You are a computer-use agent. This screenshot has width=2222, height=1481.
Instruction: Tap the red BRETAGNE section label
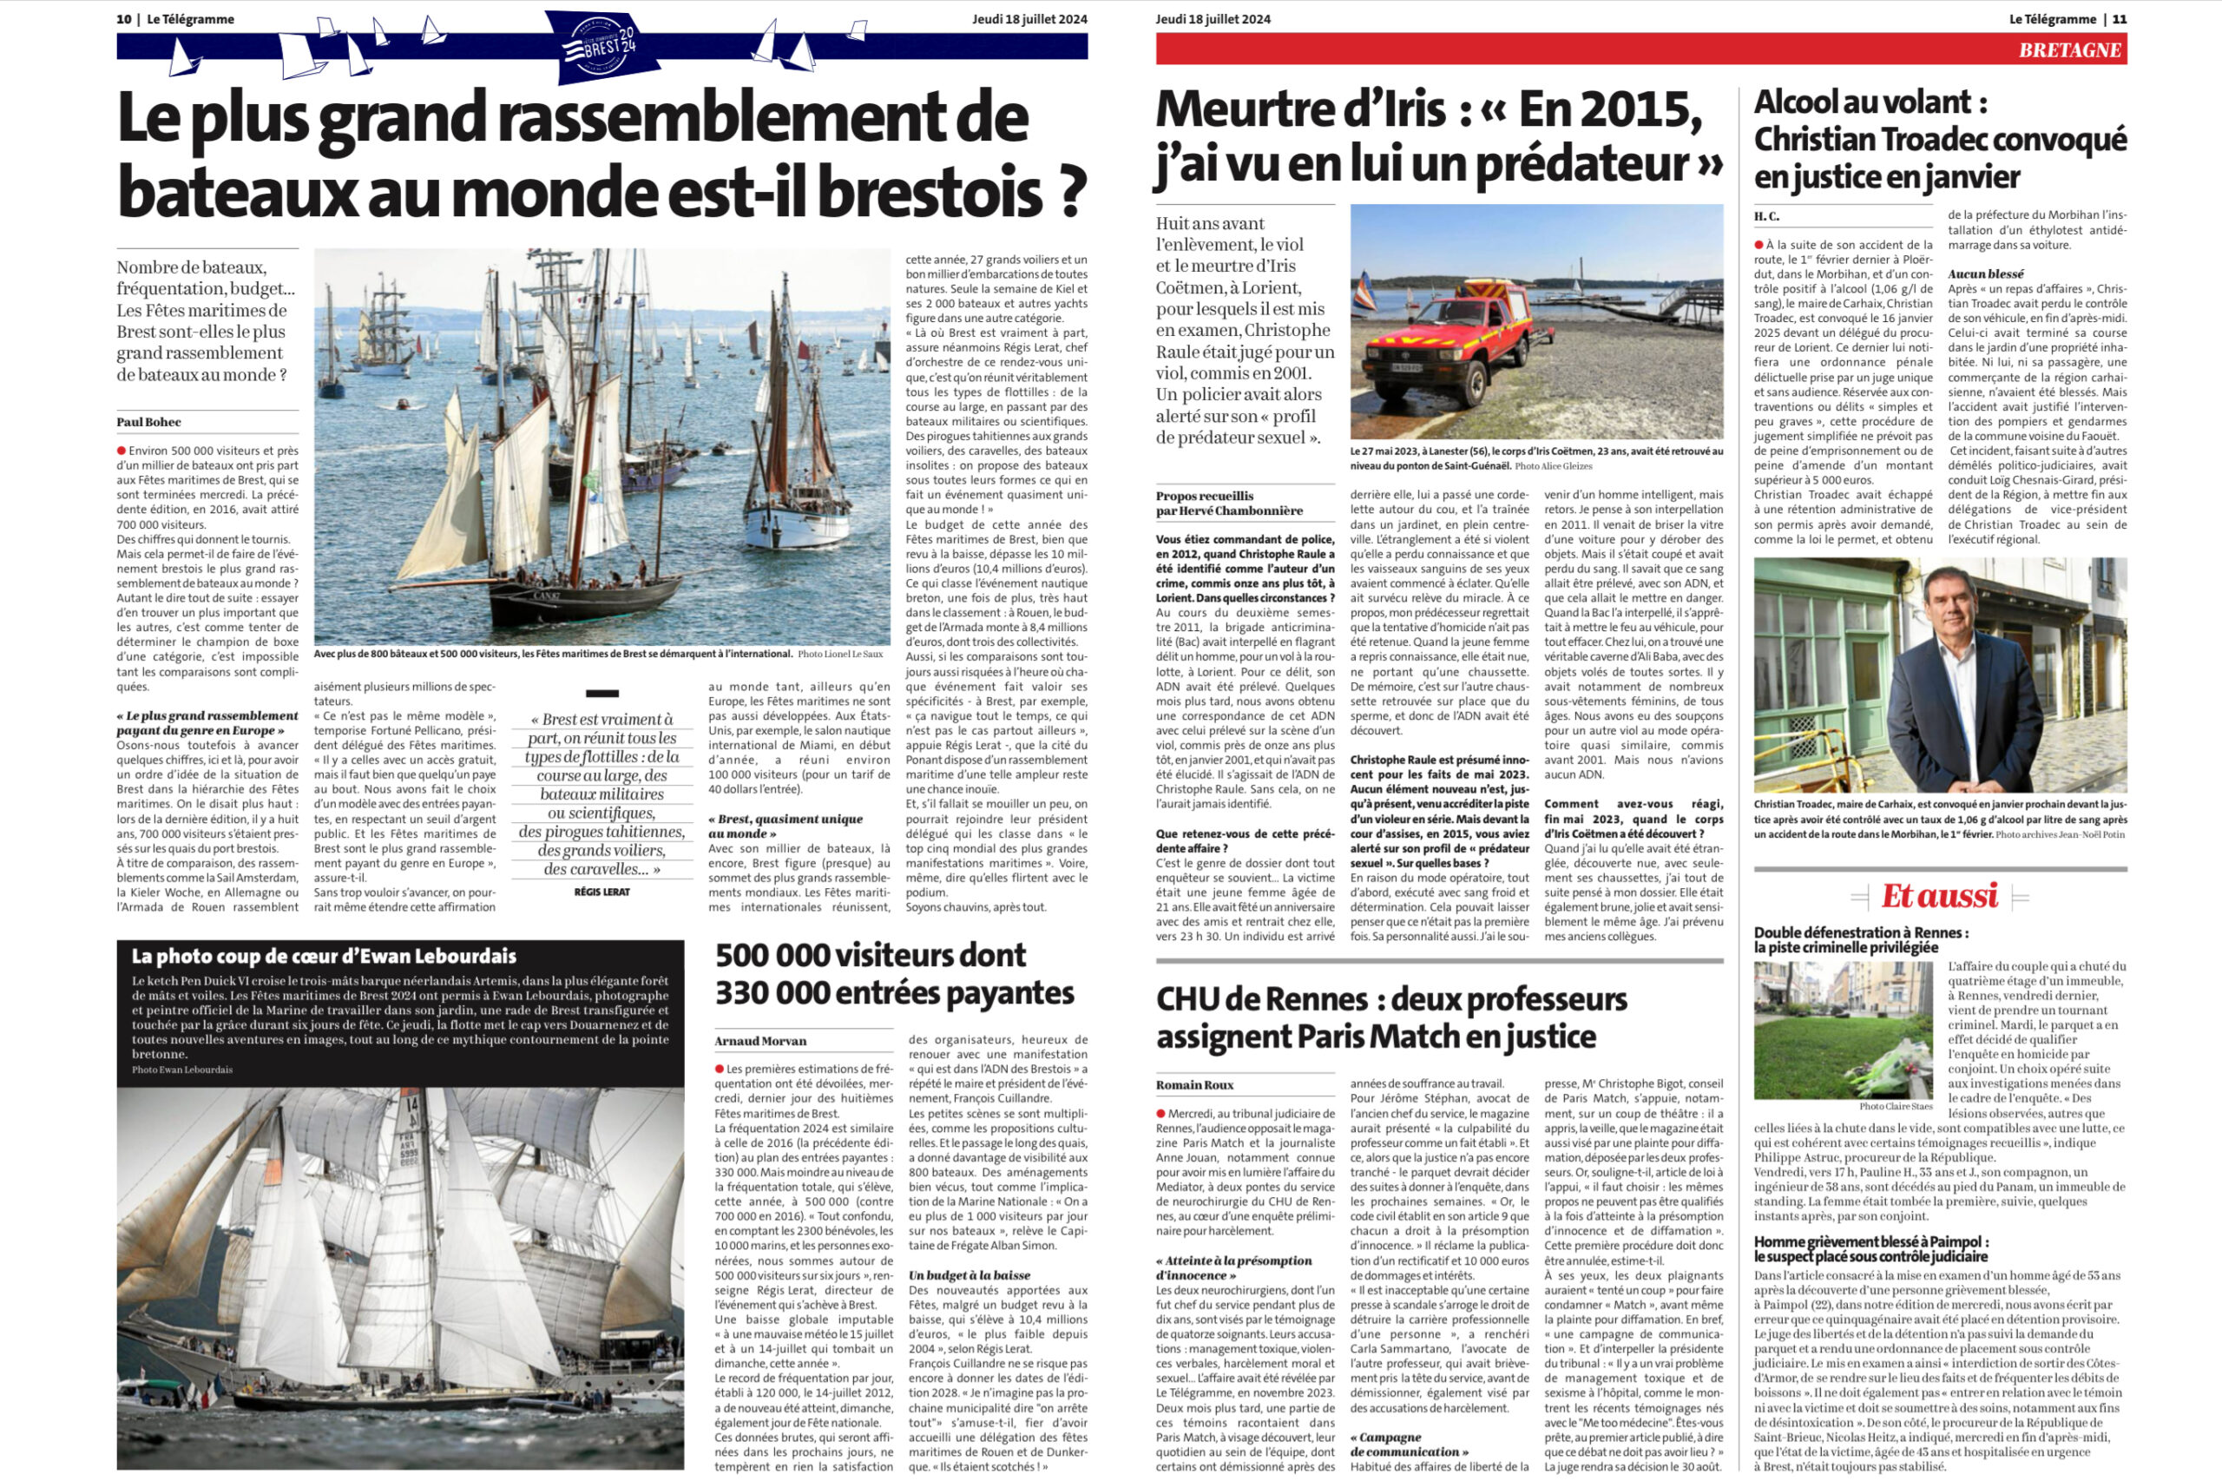(x=2069, y=50)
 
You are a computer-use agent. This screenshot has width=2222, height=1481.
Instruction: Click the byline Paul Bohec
(x=148, y=422)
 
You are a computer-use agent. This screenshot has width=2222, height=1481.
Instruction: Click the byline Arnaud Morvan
(x=760, y=1041)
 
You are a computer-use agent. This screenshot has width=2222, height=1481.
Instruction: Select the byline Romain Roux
(x=1194, y=1085)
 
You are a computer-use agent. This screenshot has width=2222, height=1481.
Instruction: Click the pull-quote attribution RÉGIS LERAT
(x=602, y=892)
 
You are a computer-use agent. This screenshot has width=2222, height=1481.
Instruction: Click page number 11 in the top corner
(x=2120, y=19)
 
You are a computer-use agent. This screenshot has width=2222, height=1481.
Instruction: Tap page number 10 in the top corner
(x=124, y=19)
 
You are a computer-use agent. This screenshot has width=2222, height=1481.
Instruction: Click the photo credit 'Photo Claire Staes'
(x=1896, y=1106)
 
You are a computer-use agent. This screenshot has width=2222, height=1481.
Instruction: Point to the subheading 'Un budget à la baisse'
(x=970, y=1275)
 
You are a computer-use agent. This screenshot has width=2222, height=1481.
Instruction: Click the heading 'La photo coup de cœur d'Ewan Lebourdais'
(x=324, y=956)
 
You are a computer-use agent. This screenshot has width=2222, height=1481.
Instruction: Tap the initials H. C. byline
(x=1766, y=216)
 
